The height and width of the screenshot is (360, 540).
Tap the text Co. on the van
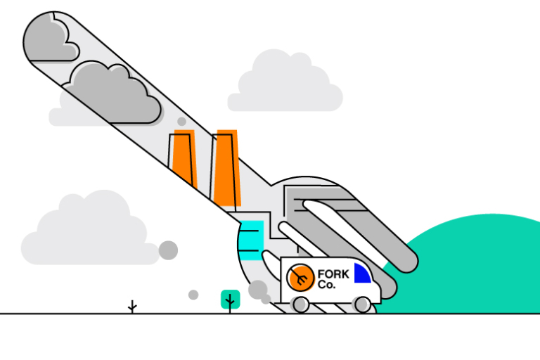(x=327, y=285)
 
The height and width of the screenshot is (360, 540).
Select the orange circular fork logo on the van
(x=300, y=277)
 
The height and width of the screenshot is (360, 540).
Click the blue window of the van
(x=361, y=274)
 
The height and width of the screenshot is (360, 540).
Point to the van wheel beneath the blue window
(x=362, y=304)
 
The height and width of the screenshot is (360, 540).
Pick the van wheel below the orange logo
(x=300, y=304)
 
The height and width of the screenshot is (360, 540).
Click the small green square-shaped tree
(x=230, y=299)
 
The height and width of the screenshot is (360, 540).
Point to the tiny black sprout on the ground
(x=132, y=307)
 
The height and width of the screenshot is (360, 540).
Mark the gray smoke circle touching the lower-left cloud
(x=168, y=250)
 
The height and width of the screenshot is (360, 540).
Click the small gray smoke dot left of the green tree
(x=193, y=295)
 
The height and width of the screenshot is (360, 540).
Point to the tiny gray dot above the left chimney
(x=181, y=122)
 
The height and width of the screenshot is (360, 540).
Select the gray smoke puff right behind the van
(x=258, y=290)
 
